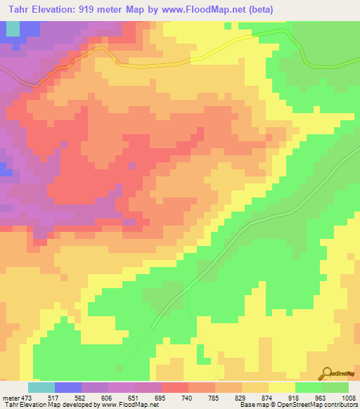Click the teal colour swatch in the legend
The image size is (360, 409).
click(41, 387)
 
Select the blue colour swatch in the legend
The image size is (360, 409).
click(68, 387)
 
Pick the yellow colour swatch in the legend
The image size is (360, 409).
click(281, 387)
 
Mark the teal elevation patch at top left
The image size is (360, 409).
click(12, 28)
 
